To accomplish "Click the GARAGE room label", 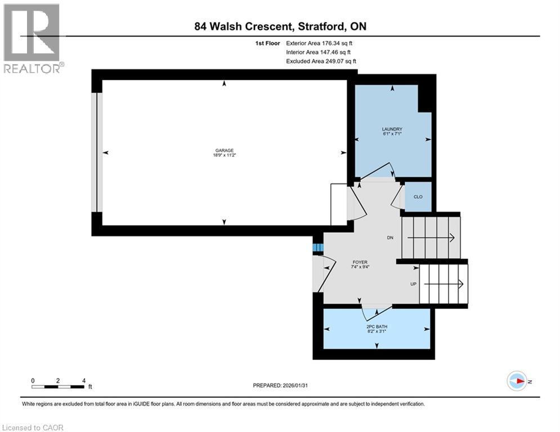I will pyautogui.click(x=224, y=151).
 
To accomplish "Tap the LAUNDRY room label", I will pyautogui.click(x=392, y=129).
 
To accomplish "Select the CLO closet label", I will pyautogui.click(x=418, y=196).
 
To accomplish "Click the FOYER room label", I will pyautogui.click(x=360, y=262).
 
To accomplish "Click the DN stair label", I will pyautogui.click(x=390, y=237).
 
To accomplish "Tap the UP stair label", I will pyautogui.click(x=413, y=284).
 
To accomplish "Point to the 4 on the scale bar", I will pyautogui.click(x=84, y=380).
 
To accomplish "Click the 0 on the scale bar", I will pyautogui.click(x=33, y=380).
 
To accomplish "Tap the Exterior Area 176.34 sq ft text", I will pyautogui.click(x=320, y=43).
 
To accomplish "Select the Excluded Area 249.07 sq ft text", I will pyautogui.click(x=321, y=61).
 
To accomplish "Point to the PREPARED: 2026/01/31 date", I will pyautogui.click(x=281, y=385).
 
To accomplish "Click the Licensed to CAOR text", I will pyautogui.click(x=33, y=427).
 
